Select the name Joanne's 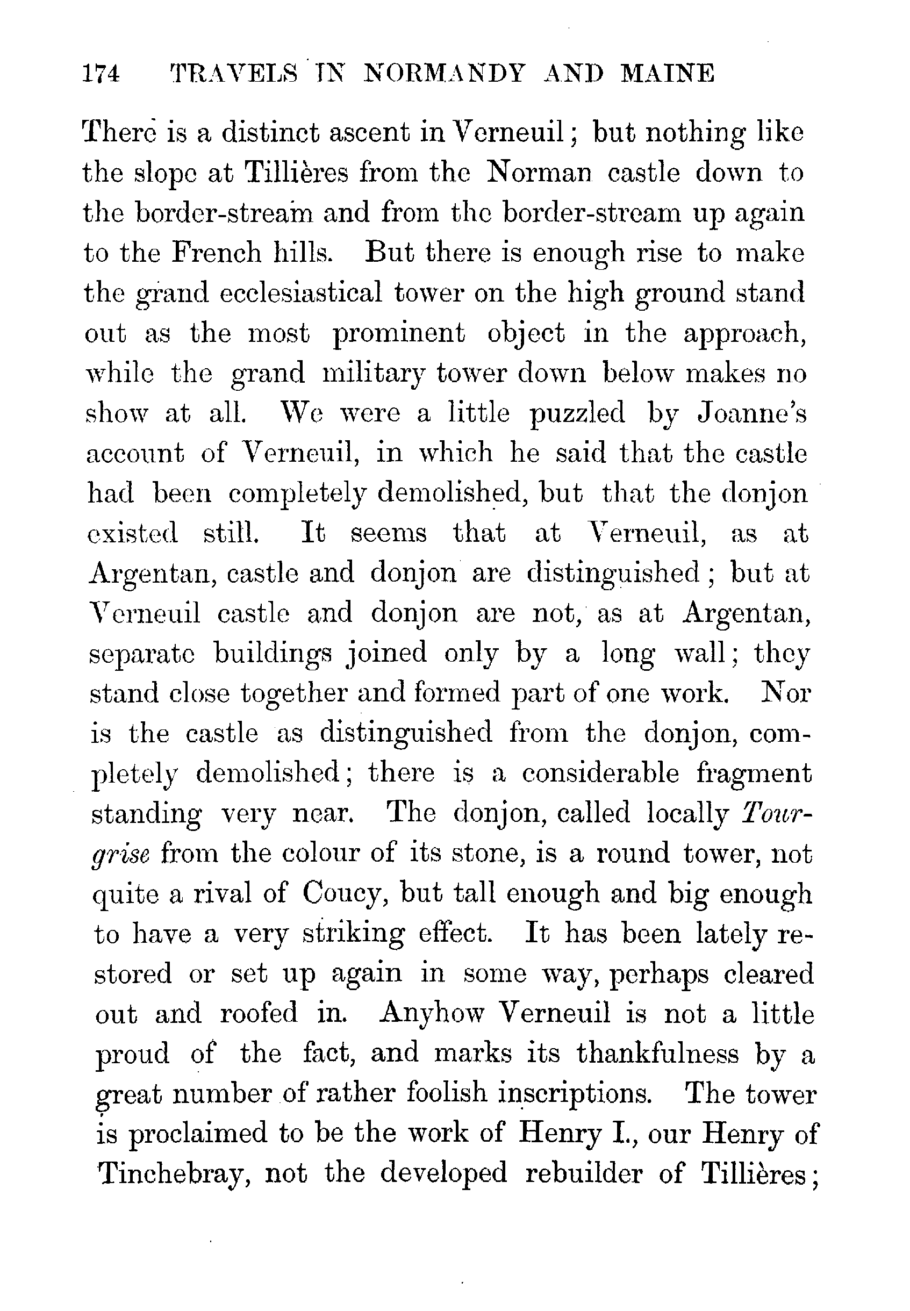click(x=752, y=413)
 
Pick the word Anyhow click(x=432, y=1013)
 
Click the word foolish click(x=447, y=1093)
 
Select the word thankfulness click(x=657, y=1053)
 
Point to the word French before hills click(x=216, y=253)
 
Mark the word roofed click(x=259, y=1013)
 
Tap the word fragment click(x=753, y=775)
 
